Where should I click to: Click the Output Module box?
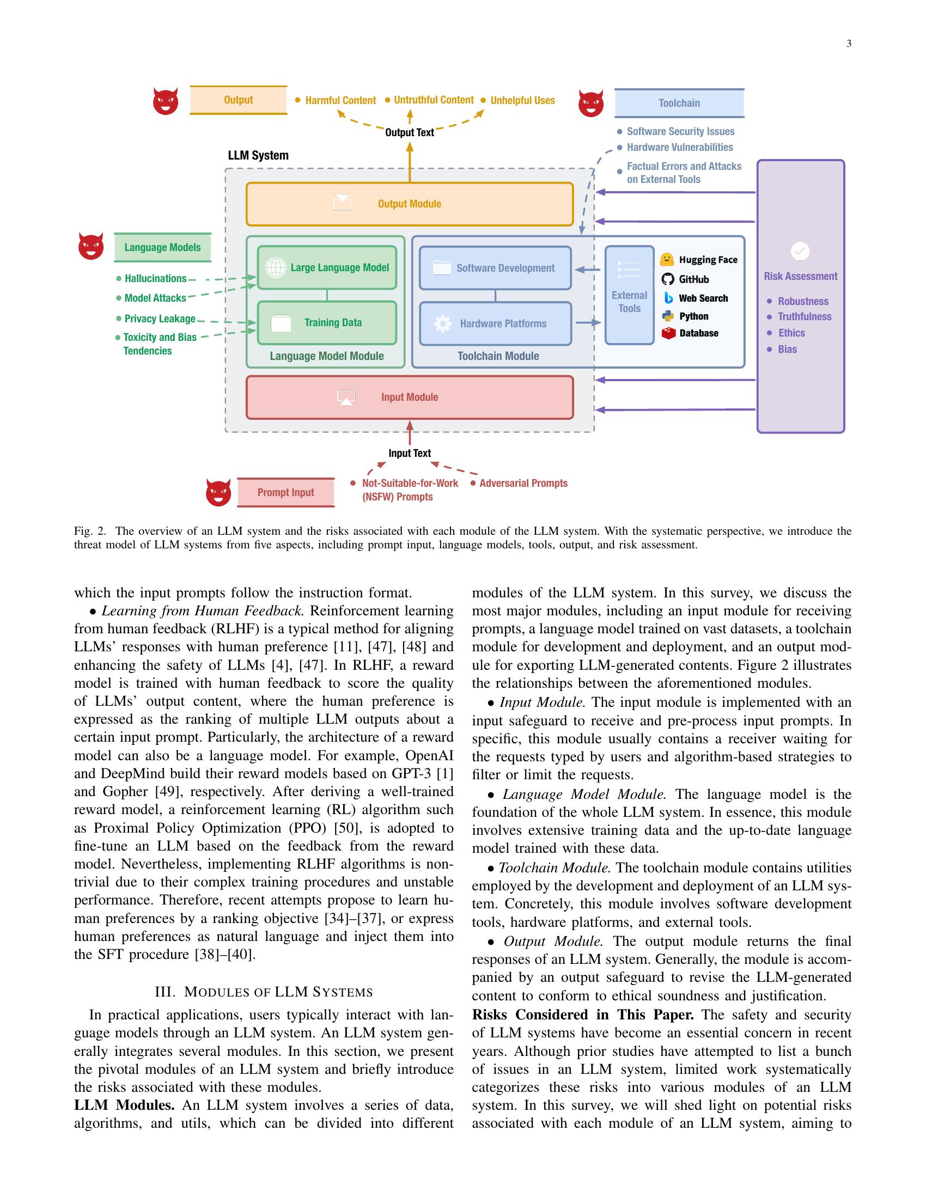coord(409,204)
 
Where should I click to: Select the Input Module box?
coord(409,397)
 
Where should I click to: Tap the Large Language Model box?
coord(327,268)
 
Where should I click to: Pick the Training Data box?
coord(327,322)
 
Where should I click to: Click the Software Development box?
coord(495,268)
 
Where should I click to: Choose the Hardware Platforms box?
coord(495,323)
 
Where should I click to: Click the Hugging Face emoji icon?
coord(667,259)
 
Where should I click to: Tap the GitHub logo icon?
coord(668,279)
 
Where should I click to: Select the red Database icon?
coord(668,333)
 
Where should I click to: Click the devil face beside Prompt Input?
coord(218,492)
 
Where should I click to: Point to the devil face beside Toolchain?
coord(591,103)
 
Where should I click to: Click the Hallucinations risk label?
coord(155,279)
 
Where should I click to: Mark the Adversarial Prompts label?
coord(523,483)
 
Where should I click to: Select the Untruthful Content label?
coord(434,100)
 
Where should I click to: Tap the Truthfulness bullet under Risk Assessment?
coord(804,316)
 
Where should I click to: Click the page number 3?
coord(849,44)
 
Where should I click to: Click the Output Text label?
coord(409,132)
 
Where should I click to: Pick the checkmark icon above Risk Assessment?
coord(800,251)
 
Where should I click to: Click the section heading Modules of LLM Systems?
coord(264,992)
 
